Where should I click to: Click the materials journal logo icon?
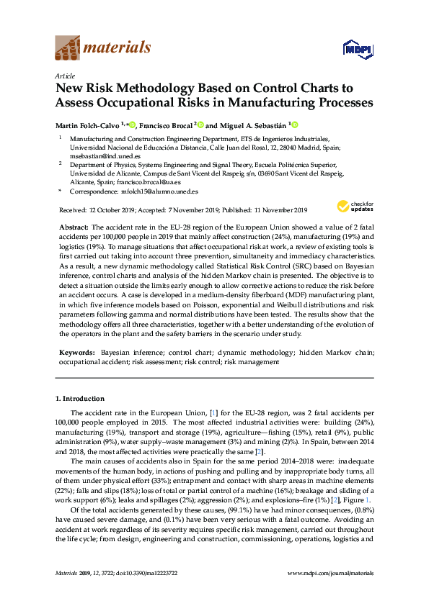tap(68, 49)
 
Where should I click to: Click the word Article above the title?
tap(64, 75)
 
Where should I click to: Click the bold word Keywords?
tap(76, 353)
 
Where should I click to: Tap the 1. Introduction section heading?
tap(80, 398)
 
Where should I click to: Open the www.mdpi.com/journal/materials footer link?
tap(330, 593)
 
